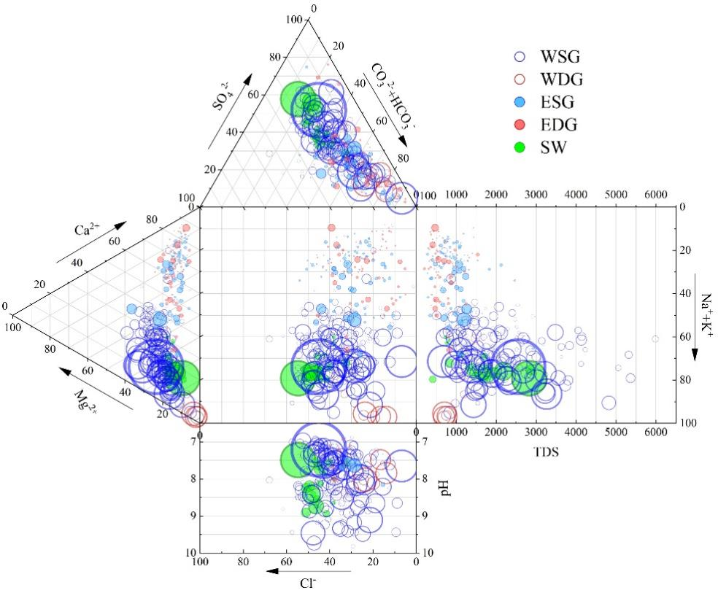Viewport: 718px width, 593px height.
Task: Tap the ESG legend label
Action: click(x=558, y=102)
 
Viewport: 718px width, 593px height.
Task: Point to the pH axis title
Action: click(x=446, y=487)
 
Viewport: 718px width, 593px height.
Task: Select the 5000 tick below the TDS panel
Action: click(x=616, y=432)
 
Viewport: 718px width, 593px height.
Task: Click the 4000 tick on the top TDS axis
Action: click(x=576, y=195)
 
